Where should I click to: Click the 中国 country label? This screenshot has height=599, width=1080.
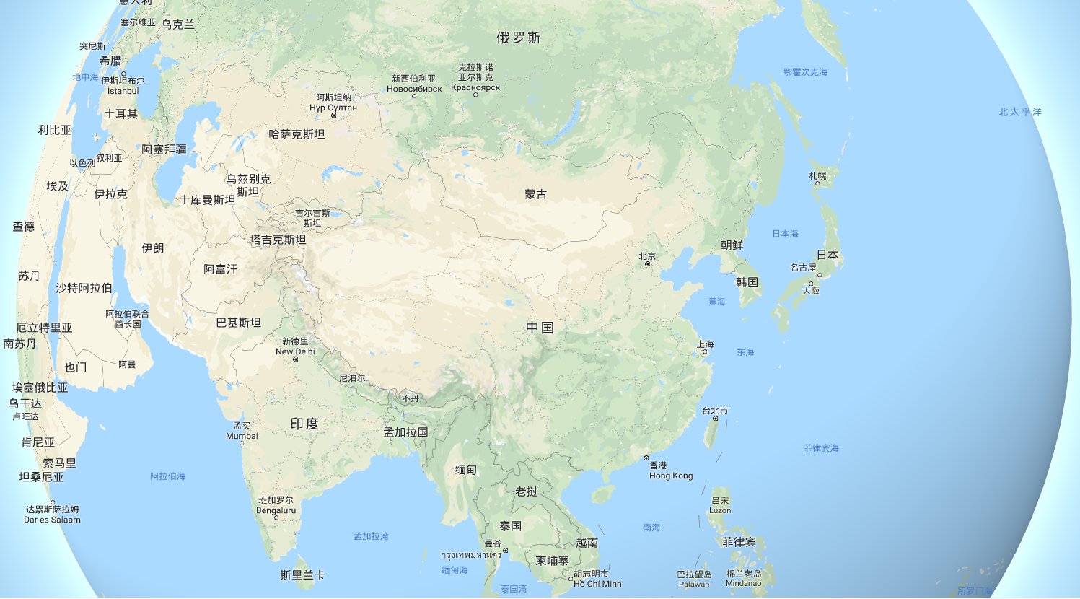[x=540, y=328]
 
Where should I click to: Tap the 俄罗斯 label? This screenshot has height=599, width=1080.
[x=518, y=38]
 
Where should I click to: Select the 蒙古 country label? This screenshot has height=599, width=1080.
[x=535, y=194]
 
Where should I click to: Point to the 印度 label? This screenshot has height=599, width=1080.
[x=304, y=424]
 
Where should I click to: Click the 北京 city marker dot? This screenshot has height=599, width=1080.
[x=647, y=264]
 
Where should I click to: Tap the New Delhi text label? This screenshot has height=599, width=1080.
[x=295, y=351]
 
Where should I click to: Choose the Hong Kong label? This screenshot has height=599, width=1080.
[x=670, y=476]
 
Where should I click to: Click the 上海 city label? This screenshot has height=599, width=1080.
[x=705, y=344]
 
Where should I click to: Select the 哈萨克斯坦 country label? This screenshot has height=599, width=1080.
[x=297, y=134]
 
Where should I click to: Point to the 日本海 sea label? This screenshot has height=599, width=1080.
[x=785, y=234]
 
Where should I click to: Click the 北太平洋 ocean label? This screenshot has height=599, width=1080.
[x=1019, y=112]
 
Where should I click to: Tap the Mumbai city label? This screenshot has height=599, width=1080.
[x=242, y=436]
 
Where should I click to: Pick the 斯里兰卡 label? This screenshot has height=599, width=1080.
[x=302, y=575]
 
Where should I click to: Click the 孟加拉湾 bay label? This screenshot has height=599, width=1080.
[x=371, y=536]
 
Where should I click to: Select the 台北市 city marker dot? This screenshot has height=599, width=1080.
[x=715, y=419]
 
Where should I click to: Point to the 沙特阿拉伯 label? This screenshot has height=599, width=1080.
[x=84, y=288]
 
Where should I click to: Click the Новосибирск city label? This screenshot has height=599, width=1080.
[x=414, y=89]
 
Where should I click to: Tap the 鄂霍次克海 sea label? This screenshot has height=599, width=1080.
[x=805, y=72]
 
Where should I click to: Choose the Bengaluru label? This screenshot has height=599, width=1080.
[x=276, y=510]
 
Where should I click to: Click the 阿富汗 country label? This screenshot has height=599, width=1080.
[x=220, y=269]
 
